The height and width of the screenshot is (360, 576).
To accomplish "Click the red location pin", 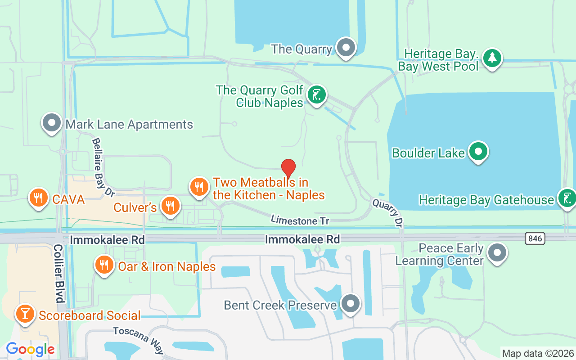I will click(x=288, y=168).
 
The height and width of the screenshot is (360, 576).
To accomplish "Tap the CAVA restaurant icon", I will click(x=39, y=198).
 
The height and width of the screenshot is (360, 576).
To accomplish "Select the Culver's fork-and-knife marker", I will click(x=170, y=207).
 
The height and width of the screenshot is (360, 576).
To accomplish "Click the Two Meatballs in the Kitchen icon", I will click(x=199, y=186).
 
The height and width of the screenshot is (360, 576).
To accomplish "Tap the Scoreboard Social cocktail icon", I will click(x=25, y=314).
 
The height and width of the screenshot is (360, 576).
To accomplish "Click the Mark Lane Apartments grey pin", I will click(x=52, y=122).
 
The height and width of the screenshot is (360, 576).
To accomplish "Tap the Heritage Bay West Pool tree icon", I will click(x=492, y=58).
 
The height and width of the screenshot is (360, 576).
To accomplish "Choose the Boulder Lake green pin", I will click(x=478, y=151).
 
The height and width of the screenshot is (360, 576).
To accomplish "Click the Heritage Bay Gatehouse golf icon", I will click(x=566, y=198).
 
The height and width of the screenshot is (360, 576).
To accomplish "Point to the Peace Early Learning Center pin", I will click(x=497, y=253).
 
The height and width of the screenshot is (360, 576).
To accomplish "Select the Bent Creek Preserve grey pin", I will click(x=350, y=304).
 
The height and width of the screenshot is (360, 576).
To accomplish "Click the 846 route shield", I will click(x=535, y=238).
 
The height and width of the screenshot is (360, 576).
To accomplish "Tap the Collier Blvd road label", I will click(x=59, y=273).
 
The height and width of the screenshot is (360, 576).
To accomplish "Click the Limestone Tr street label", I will click(x=300, y=220).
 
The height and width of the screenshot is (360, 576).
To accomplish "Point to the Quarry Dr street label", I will click(x=387, y=213).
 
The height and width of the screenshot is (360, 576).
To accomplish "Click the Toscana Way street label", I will click(x=139, y=340).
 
